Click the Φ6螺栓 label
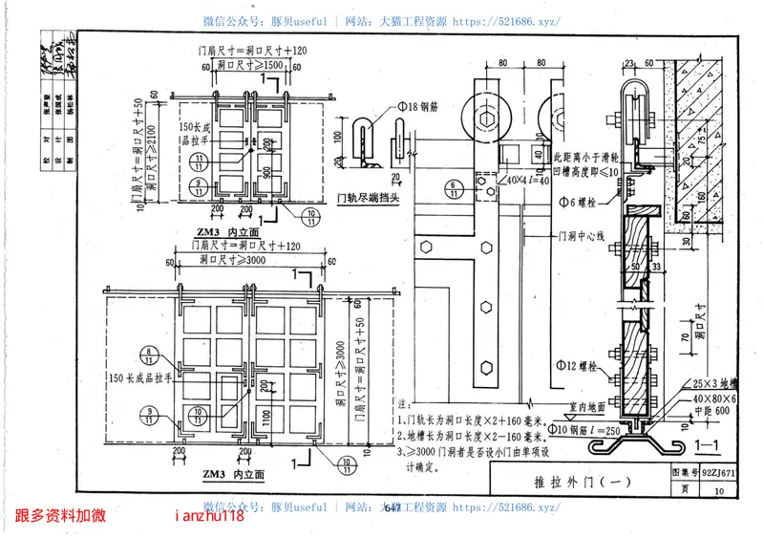(576, 203)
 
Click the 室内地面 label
(570, 407)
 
